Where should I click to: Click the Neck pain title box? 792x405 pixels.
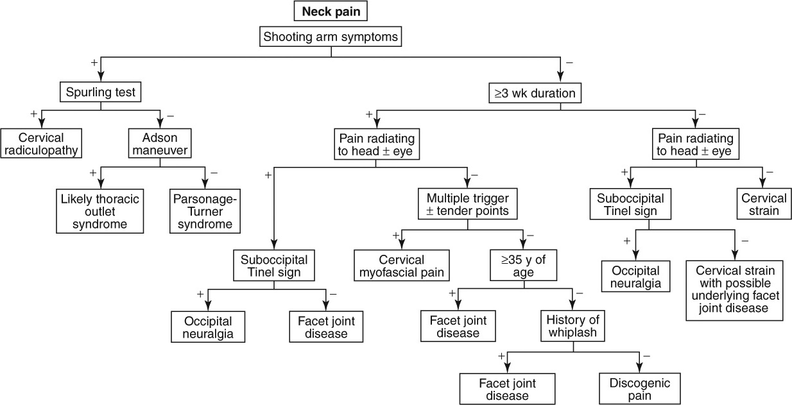331,11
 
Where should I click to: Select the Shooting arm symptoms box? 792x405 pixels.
331,37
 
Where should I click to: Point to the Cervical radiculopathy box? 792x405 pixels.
40,144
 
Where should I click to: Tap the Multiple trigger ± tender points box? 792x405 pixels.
467,202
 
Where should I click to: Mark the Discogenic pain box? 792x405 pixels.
639,389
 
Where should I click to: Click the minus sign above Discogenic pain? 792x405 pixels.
646,356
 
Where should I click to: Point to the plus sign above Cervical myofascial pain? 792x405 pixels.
397,236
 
